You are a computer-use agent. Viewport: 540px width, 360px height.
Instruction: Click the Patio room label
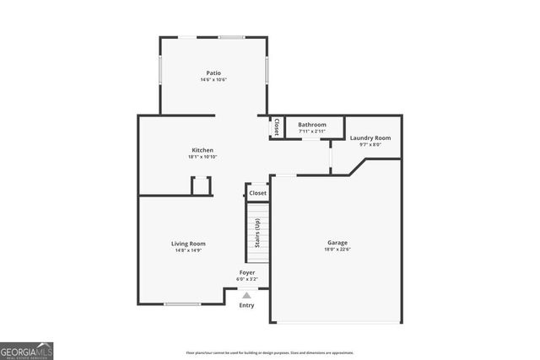pyautogui.click(x=213, y=73)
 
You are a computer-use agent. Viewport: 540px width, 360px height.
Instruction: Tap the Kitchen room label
pyautogui.click(x=202, y=150)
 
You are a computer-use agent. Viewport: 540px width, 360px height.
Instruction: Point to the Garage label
pyautogui.click(x=337, y=242)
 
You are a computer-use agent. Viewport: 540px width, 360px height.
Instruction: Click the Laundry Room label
pyautogui.click(x=370, y=137)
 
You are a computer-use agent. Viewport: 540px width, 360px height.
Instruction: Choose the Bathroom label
pyautogui.click(x=311, y=125)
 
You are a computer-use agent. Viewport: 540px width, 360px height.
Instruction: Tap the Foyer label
pyautogui.click(x=246, y=272)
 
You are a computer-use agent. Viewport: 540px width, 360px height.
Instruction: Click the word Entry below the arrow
pyautogui.click(x=246, y=305)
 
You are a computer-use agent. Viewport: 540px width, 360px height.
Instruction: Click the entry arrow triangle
pyautogui.click(x=246, y=295)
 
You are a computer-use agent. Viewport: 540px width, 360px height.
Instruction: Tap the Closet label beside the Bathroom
pyautogui.click(x=276, y=127)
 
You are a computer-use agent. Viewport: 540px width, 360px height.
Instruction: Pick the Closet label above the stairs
pyautogui.click(x=257, y=193)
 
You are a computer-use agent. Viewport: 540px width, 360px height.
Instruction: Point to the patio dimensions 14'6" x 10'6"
pyautogui.click(x=213, y=80)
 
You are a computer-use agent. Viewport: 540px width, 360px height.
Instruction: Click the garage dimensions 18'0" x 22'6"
pyautogui.click(x=337, y=249)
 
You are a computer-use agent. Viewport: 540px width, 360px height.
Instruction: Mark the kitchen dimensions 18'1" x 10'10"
pyautogui.click(x=202, y=157)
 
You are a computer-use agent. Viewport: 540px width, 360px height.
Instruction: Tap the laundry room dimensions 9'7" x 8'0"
pyautogui.click(x=370, y=144)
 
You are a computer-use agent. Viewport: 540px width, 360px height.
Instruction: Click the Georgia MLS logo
pyautogui.click(x=27, y=348)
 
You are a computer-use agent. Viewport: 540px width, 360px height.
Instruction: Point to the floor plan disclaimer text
pyautogui.click(x=270, y=352)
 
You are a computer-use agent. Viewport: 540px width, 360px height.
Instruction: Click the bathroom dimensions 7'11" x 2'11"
pyautogui.click(x=311, y=132)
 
